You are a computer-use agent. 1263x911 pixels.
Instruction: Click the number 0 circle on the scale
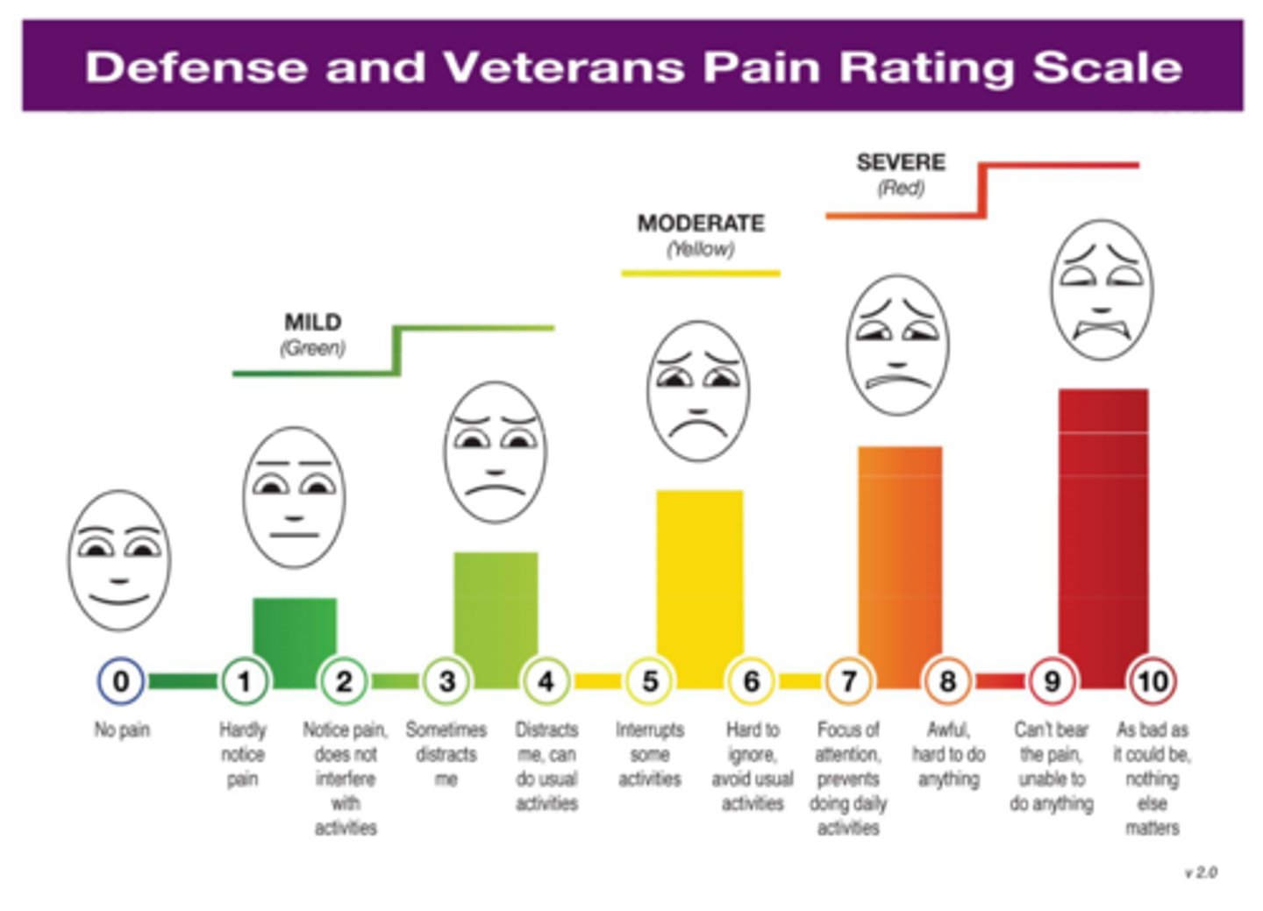[121, 681]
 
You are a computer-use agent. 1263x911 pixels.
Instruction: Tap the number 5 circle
[649, 681]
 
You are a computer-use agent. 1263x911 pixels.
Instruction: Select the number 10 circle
[1152, 681]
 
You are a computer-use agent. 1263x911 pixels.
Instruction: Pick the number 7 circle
[848, 681]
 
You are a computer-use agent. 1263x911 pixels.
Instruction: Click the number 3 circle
[446, 681]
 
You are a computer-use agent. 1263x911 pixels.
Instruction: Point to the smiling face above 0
[119, 560]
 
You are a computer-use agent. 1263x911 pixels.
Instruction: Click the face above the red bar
[1102, 290]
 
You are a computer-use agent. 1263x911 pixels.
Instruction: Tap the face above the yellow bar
[698, 391]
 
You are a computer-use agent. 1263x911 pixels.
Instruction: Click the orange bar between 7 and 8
[900, 561]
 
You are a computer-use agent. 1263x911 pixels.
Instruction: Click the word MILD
[313, 323]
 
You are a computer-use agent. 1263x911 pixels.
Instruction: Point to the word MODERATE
[701, 224]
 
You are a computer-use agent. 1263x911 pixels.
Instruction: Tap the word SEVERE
[901, 163]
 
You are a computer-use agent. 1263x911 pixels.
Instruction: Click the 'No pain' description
[122, 730]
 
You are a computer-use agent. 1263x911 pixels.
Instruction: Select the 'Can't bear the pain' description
[1051, 766]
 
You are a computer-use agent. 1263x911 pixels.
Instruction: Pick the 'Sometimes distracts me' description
[446, 754]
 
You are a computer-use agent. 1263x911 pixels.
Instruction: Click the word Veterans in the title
[564, 68]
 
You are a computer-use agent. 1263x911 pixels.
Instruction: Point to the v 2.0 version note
[1201, 872]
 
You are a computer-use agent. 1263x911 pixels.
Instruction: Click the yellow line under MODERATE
[700, 274]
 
